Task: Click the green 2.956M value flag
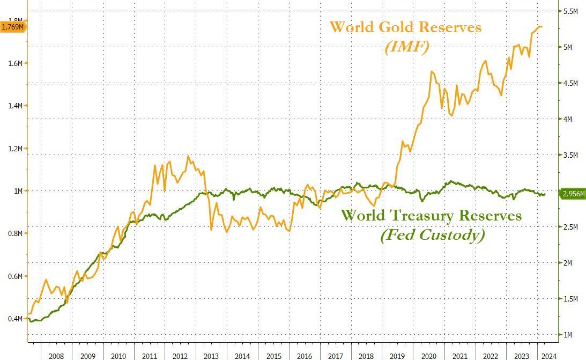(x=572, y=194)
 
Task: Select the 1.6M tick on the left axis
(x=15, y=63)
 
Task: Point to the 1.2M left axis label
(x=15, y=149)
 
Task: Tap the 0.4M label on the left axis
(x=15, y=319)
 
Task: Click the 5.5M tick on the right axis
(x=569, y=11)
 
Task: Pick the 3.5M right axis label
(x=569, y=155)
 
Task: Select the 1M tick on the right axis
(x=568, y=335)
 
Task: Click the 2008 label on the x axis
(x=56, y=355)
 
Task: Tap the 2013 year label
(x=211, y=355)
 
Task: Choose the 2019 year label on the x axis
(x=397, y=355)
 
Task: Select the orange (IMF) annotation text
(x=406, y=47)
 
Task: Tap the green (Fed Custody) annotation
(x=432, y=235)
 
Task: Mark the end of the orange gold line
(x=542, y=26)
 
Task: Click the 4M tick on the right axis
(x=568, y=119)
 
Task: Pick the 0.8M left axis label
(x=15, y=233)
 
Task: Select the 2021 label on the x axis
(x=459, y=355)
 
